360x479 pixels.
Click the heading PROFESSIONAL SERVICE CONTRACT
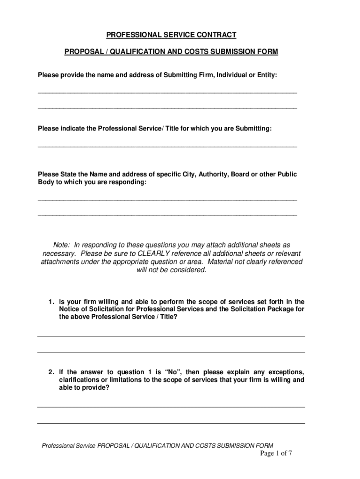coord(171,35)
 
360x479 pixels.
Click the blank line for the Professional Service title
coord(167,145)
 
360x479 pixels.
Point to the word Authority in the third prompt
coord(213,174)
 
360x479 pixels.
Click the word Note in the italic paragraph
coord(61,245)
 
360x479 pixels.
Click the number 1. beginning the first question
coord(51,302)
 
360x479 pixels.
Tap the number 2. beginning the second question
coord(51,372)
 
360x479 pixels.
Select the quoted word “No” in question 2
coord(173,372)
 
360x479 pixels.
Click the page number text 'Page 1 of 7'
coord(276,453)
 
